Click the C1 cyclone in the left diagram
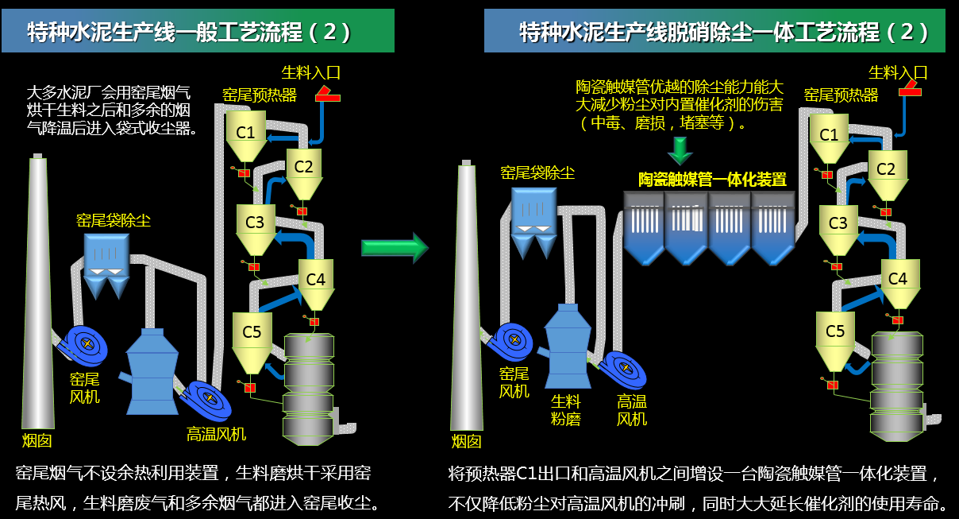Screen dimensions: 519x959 tap(246, 133)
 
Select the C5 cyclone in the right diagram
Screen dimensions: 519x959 tap(835, 334)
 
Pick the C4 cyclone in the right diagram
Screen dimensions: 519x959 tap(897, 280)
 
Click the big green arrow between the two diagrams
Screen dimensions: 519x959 tap(395, 246)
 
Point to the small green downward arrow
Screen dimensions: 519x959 tap(680, 149)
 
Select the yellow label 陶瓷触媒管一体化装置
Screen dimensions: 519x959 tap(712, 180)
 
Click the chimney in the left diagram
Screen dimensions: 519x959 tap(37, 294)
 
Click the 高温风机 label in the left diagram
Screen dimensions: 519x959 tap(216, 434)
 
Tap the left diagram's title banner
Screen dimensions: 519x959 tap(198, 32)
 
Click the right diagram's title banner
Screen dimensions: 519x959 tap(718, 32)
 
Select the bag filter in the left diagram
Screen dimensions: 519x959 tap(106, 262)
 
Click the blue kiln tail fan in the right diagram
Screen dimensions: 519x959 tap(513, 342)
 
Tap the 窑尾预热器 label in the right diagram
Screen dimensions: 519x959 tap(841, 95)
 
